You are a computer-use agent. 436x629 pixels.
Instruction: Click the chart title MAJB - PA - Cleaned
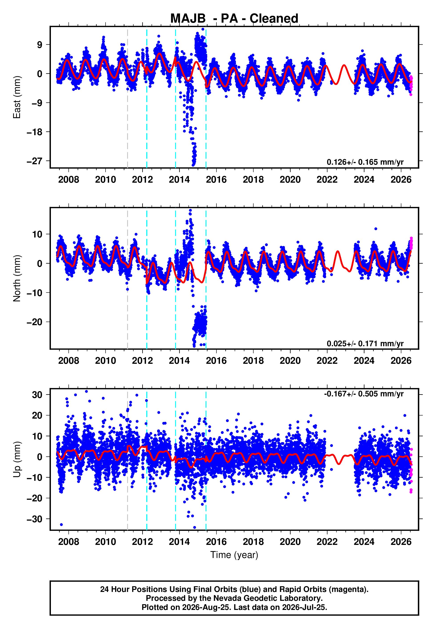click(234, 19)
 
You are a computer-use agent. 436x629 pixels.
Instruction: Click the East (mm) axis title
click(17, 97)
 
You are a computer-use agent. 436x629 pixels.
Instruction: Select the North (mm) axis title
click(17, 278)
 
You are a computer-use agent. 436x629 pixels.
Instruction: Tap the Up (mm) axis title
click(17, 459)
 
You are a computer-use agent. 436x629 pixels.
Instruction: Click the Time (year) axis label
click(234, 555)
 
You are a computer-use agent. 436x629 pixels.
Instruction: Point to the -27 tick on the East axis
click(35, 161)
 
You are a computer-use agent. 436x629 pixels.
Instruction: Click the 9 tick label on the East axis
click(40, 44)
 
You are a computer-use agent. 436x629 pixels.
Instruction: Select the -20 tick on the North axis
click(35, 322)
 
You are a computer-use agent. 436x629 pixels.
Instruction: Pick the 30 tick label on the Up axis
click(37, 394)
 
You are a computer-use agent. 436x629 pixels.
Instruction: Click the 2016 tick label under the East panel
click(216, 180)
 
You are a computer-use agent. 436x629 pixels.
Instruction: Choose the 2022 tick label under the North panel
click(327, 361)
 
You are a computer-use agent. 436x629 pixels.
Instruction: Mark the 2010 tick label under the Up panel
click(106, 542)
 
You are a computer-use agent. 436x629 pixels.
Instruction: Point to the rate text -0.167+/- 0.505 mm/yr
click(364, 394)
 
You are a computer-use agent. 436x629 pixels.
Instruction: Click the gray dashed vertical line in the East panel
click(128, 97)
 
